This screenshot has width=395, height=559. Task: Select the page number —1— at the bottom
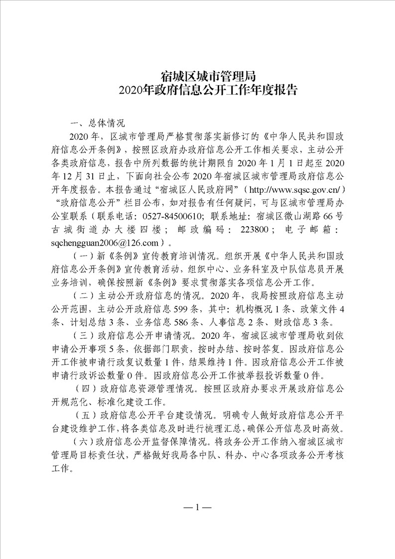coord(198,508)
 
